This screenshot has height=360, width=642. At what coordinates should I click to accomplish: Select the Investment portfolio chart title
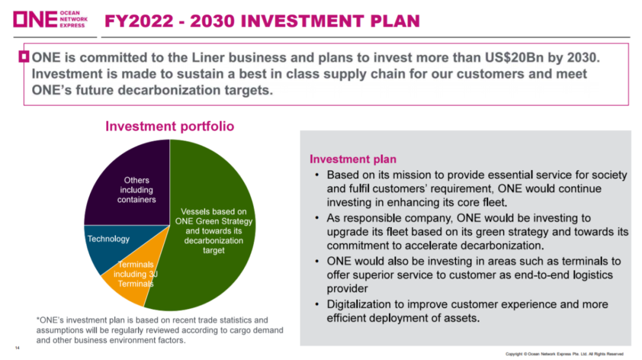click(169, 126)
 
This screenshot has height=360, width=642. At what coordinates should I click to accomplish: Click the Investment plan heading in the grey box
click(353, 159)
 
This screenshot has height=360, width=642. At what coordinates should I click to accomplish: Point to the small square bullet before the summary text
click(24, 56)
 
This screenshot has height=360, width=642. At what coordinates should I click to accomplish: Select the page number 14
click(17, 348)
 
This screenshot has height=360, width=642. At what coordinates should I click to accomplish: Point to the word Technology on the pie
click(108, 239)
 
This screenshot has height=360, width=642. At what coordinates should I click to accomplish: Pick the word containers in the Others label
click(137, 200)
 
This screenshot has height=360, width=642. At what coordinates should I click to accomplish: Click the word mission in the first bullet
click(413, 175)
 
